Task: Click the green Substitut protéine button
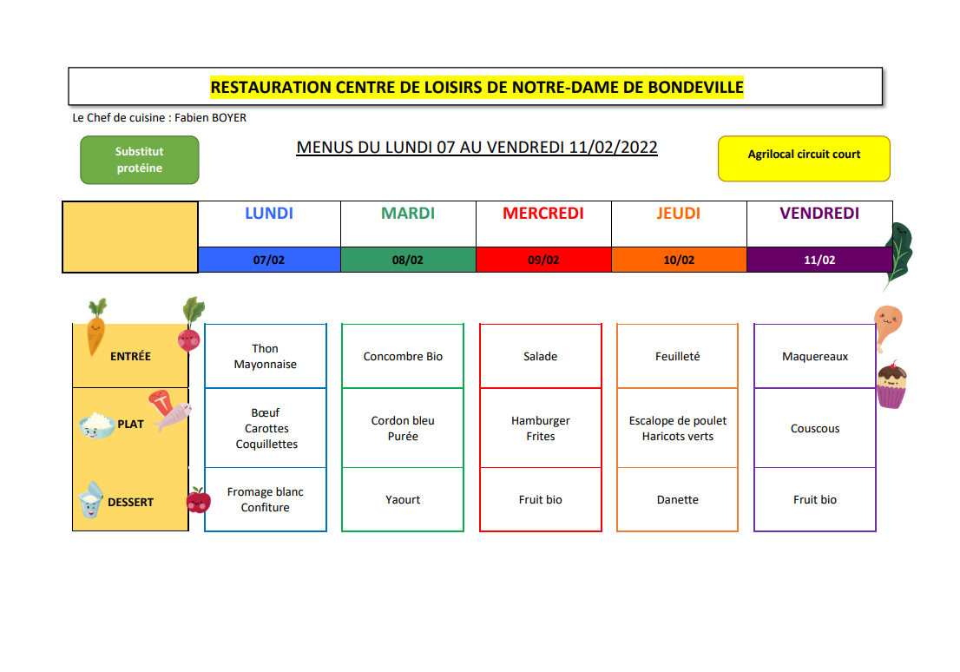[140, 160]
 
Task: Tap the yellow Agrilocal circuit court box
[804, 159]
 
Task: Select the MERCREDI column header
[543, 214]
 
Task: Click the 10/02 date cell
[679, 260]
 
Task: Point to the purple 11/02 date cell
[819, 260]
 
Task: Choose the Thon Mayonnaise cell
[265, 356]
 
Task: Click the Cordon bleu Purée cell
[403, 428]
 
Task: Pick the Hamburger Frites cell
[541, 428]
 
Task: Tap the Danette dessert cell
[677, 499]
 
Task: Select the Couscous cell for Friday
[815, 428]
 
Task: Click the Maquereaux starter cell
[815, 356]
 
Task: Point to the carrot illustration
[95, 327]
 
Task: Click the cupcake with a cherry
[891, 384]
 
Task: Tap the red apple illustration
[199, 500]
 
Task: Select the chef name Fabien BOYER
[210, 117]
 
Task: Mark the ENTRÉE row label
[130, 356]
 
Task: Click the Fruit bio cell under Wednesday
[541, 499]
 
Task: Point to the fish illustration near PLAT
[174, 416]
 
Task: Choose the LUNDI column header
[269, 214]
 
